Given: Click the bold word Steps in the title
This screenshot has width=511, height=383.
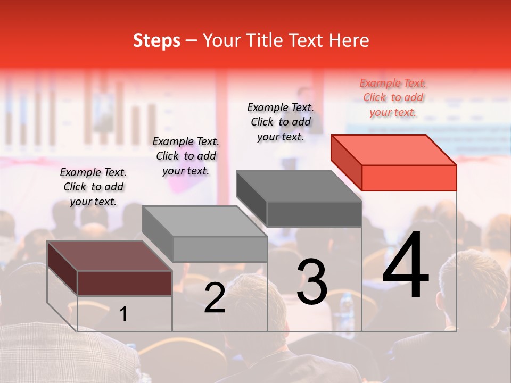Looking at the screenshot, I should click(x=156, y=40).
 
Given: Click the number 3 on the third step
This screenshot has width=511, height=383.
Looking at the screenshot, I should click(x=312, y=281).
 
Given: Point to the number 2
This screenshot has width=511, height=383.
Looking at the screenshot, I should click(x=215, y=298).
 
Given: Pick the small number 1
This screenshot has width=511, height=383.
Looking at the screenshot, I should click(x=123, y=314).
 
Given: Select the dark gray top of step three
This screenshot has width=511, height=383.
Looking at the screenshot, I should click(x=298, y=186).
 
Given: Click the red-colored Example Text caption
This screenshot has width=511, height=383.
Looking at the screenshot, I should click(x=393, y=98).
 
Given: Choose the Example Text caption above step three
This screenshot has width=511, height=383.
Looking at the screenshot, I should click(x=281, y=122).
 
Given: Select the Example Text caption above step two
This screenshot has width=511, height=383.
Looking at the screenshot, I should click(x=186, y=156).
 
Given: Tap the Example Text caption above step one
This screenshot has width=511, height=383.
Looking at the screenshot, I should click(x=93, y=187).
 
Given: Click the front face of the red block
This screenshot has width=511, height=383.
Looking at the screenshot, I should click(x=409, y=178).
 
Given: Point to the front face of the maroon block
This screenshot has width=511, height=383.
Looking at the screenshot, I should click(x=125, y=283).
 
